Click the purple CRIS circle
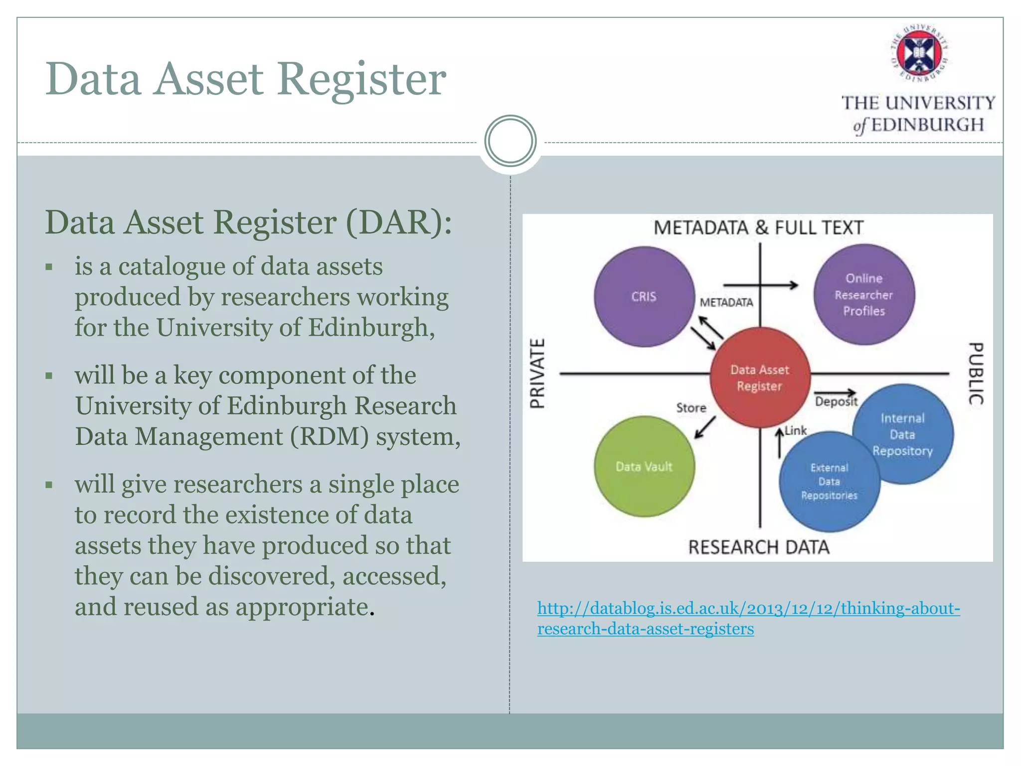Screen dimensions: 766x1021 coord(644,297)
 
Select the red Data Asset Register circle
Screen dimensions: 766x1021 coord(759,378)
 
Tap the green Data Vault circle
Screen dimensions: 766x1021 coord(644,467)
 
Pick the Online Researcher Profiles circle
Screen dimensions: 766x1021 coord(864,294)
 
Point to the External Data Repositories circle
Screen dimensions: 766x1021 coord(829,482)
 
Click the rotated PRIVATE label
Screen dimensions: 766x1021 coord(537,374)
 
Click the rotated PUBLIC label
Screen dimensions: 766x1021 coord(976,374)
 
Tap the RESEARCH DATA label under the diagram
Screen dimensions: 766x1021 coord(759,547)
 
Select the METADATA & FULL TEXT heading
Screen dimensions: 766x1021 coord(758,227)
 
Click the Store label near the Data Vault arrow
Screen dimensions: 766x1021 coord(691,408)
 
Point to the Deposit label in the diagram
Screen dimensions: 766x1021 coord(836,401)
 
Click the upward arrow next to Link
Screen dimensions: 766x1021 coord(779,443)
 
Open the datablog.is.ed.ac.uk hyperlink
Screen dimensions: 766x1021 coord(748,608)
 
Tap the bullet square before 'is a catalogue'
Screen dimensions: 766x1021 coord(49,267)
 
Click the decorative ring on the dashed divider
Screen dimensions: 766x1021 coord(510,141)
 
